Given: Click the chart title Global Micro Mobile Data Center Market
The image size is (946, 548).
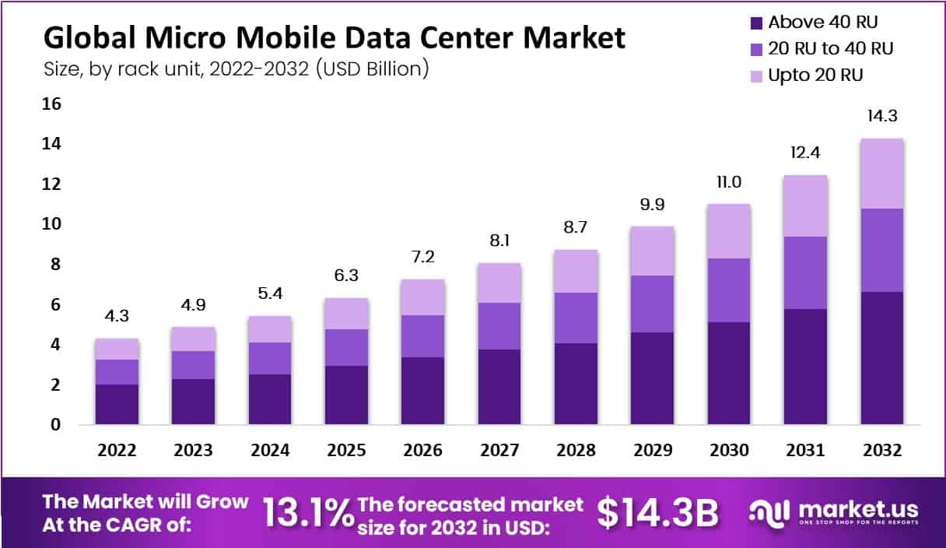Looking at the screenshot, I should (334, 37).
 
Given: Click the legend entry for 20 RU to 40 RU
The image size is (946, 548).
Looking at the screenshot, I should (830, 48).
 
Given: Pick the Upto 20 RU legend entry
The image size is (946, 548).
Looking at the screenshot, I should (815, 76).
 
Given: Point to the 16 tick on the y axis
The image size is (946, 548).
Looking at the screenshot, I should (51, 104).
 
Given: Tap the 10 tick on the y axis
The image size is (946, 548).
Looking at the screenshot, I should (51, 224).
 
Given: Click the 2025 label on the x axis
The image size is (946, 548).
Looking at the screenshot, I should (346, 451).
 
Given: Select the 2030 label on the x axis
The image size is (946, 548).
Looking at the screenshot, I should (729, 451).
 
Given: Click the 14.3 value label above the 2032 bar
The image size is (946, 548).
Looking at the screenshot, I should (881, 118).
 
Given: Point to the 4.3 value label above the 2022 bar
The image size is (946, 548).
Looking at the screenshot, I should (117, 318).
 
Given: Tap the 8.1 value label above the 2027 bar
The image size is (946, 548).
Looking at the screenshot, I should (499, 242).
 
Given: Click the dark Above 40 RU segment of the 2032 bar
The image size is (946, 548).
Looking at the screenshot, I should (881, 358).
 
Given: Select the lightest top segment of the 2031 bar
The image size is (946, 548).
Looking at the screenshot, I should (805, 205).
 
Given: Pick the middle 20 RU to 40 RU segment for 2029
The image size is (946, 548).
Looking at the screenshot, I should (652, 304).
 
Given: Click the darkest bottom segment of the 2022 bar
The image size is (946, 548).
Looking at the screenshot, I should (117, 404).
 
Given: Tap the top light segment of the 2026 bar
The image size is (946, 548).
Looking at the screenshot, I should (423, 297).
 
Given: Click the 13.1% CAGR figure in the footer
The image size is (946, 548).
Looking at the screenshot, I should (307, 513).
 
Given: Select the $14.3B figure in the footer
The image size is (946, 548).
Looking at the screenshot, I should (657, 513).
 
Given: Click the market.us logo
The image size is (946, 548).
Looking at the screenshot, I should (833, 513).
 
